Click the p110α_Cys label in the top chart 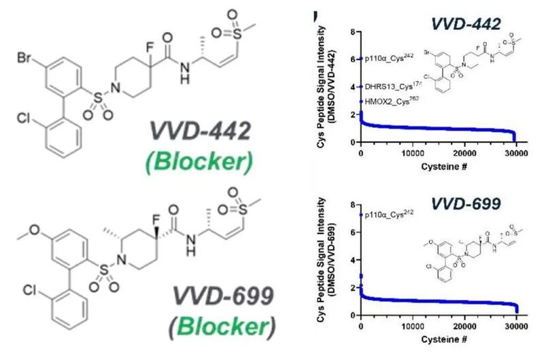point(390,59)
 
